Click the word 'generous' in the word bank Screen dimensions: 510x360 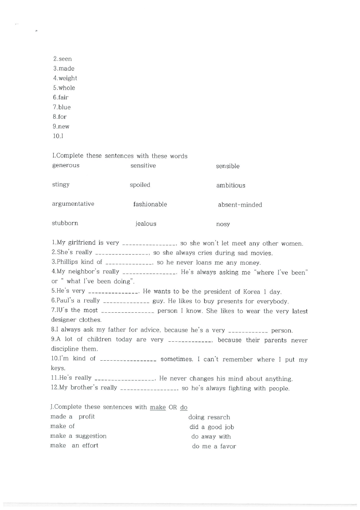[x=66, y=165]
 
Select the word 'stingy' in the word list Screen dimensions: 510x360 [x=61, y=184]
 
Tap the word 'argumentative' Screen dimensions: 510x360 [x=73, y=204]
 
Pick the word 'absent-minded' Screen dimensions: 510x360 [x=240, y=205]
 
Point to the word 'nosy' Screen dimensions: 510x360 [x=223, y=224]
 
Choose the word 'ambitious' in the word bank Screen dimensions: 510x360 [x=231, y=185]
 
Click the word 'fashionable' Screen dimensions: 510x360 [x=150, y=204]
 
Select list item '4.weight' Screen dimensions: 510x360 [x=65, y=78]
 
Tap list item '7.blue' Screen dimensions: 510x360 [x=62, y=107]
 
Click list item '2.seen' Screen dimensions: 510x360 [x=62, y=59]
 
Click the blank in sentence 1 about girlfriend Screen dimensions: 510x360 [x=149, y=244]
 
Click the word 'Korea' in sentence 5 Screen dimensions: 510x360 [x=252, y=291]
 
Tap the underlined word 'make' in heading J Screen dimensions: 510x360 [x=158, y=407]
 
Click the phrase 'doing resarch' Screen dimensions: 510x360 [x=209, y=417]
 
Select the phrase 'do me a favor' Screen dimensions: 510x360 [x=214, y=446]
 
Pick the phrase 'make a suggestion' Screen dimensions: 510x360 [x=78, y=436]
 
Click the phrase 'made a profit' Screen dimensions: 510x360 [x=73, y=416]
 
